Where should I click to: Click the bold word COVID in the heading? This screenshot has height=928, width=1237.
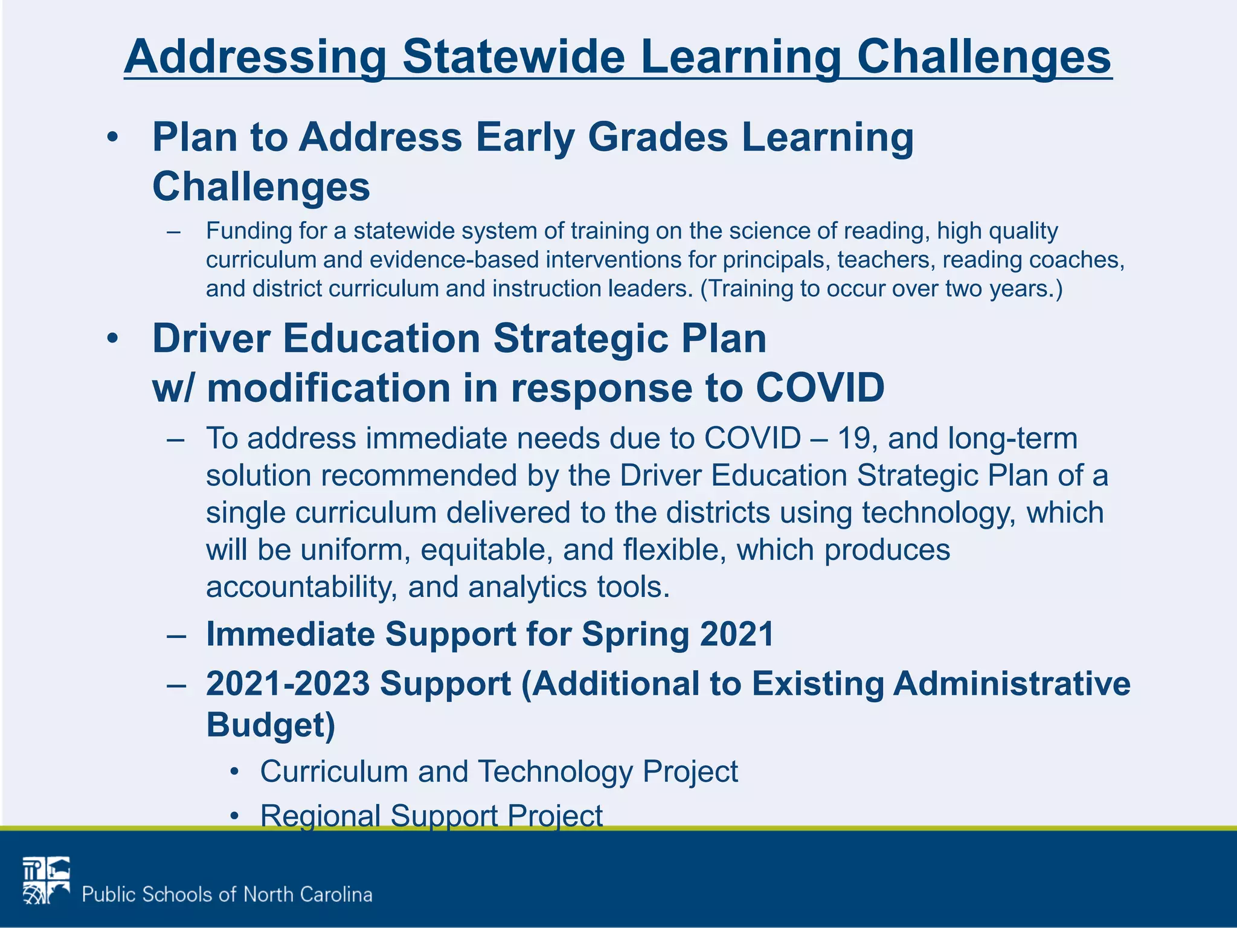(x=820, y=387)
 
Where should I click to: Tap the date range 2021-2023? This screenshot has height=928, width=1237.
(x=288, y=683)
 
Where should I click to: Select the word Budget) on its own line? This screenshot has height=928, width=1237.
(x=271, y=724)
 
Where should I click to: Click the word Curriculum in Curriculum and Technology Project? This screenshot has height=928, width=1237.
(x=333, y=772)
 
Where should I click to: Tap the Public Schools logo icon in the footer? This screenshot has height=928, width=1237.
(x=46, y=880)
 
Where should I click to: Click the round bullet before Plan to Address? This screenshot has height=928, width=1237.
(x=112, y=138)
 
